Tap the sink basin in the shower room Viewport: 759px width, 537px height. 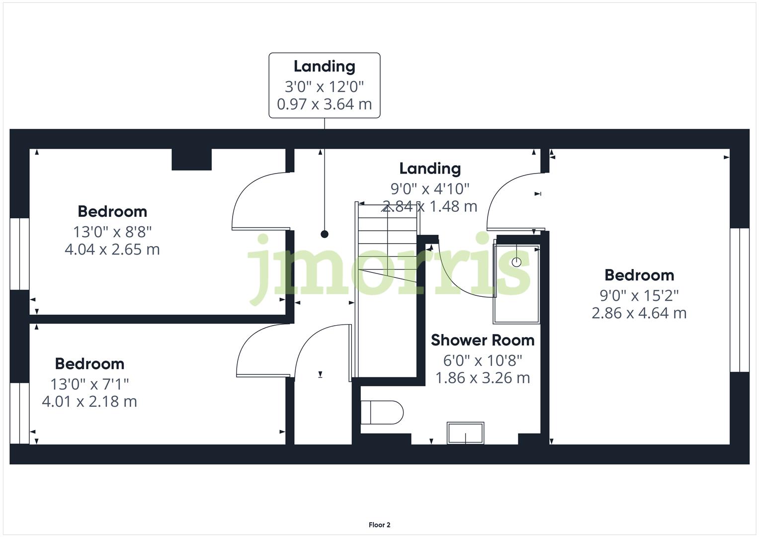465,433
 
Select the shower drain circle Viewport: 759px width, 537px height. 516,262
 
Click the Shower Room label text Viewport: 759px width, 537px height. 482,340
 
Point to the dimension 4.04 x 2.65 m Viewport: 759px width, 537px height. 112,249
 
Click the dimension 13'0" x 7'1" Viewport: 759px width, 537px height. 89,384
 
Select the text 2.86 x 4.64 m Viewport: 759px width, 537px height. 639,313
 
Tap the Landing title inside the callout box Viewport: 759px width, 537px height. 324,66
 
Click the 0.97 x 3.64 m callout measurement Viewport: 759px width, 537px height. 324,104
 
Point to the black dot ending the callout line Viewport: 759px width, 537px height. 325,234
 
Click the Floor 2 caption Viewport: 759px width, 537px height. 379,525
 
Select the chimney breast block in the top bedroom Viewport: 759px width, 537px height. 192,159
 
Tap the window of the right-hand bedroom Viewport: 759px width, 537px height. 739,300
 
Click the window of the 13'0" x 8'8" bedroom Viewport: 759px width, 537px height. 20,254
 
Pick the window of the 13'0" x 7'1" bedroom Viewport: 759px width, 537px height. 20,413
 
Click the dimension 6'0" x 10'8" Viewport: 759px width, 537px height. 482,360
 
